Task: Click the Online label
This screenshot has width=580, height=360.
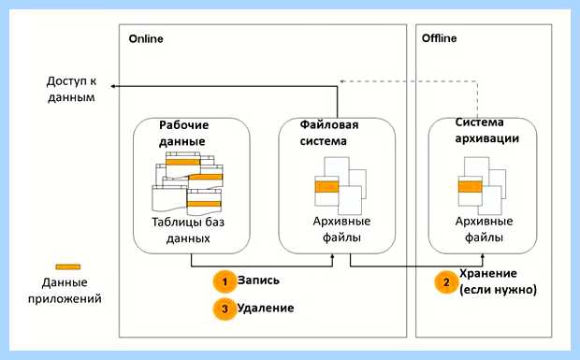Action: (x=146, y=39)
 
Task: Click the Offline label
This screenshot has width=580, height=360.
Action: (x=439, y=38)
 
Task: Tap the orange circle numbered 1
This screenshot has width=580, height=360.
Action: (x=225, y=281)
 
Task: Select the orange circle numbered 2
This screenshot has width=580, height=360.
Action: (x=446, y=282)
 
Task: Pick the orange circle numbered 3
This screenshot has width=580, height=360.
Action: (x=225, y=309)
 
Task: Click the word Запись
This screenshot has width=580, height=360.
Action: (x=258, y=281)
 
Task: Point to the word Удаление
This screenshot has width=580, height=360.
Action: (x=266, y=308)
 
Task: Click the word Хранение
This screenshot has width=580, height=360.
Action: (x=488, y=274)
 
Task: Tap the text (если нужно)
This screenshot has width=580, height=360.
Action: (x=498, y=290)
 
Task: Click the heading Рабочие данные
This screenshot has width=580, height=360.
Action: (x=184, y=133)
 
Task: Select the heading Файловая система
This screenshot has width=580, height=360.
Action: (x=329, y=133)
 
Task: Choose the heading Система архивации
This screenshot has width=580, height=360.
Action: (x=486, y=130)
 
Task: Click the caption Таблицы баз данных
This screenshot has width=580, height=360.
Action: (x=188, y=230)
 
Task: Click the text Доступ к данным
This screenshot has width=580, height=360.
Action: (x=71, y=89)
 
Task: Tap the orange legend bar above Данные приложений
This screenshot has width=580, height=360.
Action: (x=68, y=266)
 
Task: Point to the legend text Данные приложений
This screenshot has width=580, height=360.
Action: (x=65, y=290)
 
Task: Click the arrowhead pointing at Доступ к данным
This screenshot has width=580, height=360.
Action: (x=113, y=86)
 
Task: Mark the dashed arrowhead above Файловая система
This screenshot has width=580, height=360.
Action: (x=342, y=81)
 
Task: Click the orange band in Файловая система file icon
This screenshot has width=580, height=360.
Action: (x=326, y=187)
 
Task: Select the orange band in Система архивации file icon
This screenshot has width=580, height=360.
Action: (x=471, y=187)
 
